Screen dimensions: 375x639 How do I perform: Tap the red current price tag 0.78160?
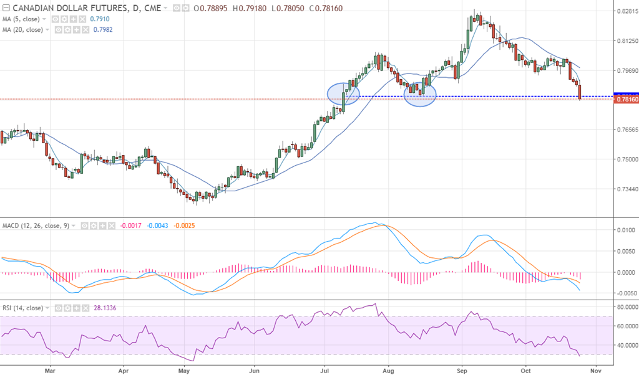(625, 99)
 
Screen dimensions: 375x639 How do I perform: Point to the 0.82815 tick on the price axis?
(626, 12)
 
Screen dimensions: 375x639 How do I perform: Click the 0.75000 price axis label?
(626, 159)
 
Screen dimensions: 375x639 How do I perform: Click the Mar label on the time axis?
(51, 369)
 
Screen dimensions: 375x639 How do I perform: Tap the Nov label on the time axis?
(595, 369)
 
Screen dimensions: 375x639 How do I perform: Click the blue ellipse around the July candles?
(344, 93)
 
